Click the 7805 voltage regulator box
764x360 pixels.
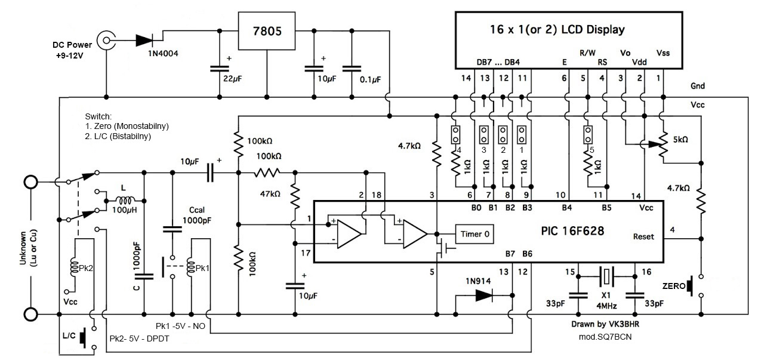pos(266,31)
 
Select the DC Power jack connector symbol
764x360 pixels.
pos(107,41)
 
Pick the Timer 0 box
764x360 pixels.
pos(475,234)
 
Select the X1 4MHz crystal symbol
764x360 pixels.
pos(606,276)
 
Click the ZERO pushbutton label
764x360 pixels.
pos(674,285)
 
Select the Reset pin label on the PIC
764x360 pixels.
pos(643,236)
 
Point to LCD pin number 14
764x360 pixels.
pos(466,78)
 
